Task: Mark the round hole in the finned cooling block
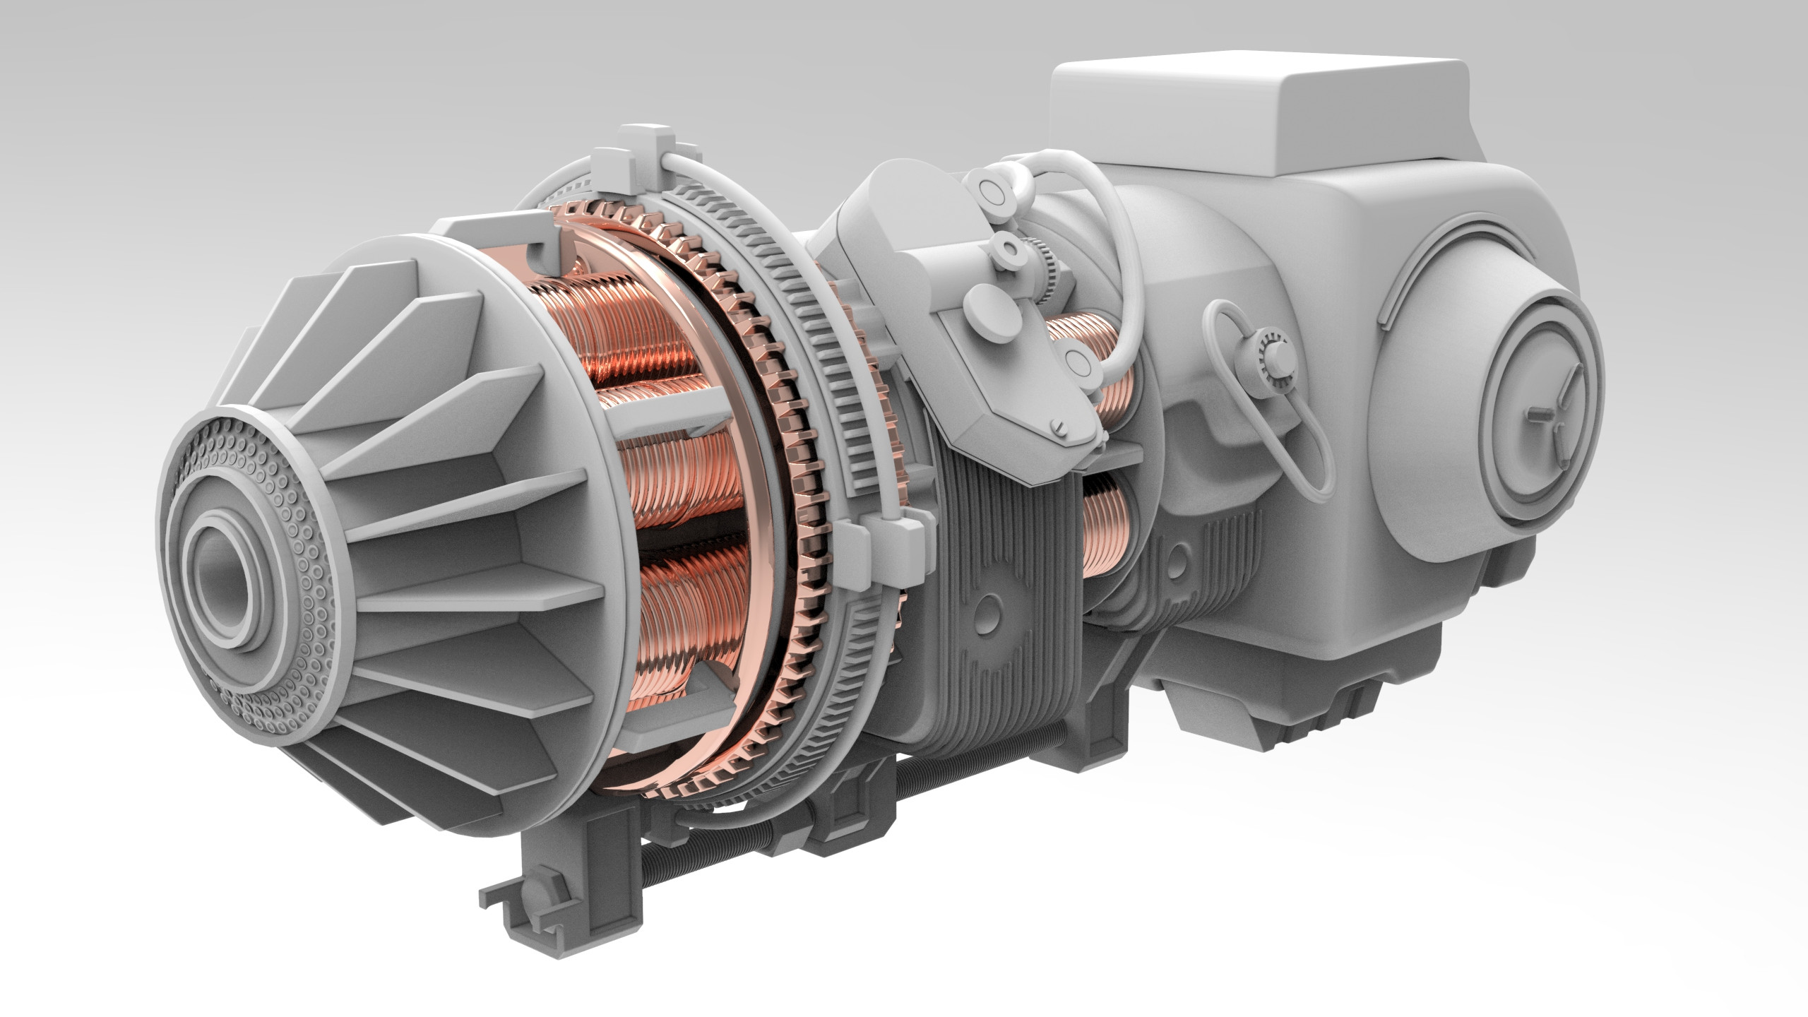coord(993,604)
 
